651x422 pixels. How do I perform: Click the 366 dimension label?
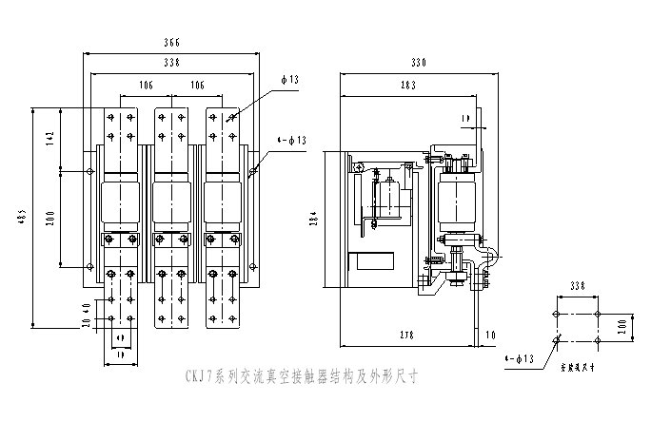click(171, 43)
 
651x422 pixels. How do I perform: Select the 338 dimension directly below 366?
click(171, 63)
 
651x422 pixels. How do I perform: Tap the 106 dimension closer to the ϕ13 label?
click(197, 86)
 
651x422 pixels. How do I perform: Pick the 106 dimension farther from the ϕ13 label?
click(147, 86)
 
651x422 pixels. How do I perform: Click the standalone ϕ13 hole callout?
click(289, 80)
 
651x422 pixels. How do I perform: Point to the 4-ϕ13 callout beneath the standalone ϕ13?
click(291, 141)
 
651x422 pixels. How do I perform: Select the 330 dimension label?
click(419, 63)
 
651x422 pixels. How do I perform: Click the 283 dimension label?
click(408, 86)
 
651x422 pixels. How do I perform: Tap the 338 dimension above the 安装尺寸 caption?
click(578, 286)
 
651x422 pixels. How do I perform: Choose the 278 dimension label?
click(407, 336)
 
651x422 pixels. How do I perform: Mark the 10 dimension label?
click(490, 336)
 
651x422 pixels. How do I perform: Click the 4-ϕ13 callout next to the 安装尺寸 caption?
click(519, 359)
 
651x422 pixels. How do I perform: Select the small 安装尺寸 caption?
click(579, 368)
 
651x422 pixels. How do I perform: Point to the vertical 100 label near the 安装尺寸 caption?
click(622, 328)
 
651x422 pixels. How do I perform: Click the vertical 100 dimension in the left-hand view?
click(49, 220)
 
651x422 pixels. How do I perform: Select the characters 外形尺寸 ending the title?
click(395, 376)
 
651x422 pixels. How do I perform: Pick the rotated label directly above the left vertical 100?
click(49, 140)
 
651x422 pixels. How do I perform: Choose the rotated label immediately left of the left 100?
click(22, 218)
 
